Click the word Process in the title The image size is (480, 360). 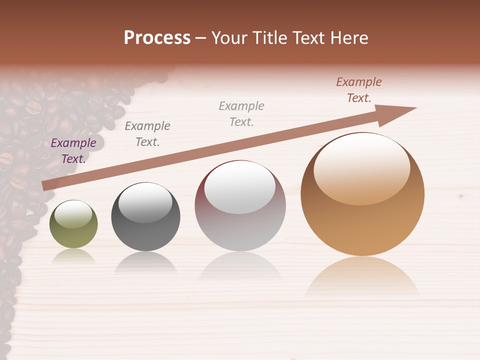(157, 38)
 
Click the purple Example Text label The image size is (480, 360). (73, 151)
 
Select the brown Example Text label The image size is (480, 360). (359, 90)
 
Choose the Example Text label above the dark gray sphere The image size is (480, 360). (147, 134)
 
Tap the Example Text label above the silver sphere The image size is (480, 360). (241, 113)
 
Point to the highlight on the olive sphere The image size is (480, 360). (73, 214)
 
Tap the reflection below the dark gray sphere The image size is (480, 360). (145, 262)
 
